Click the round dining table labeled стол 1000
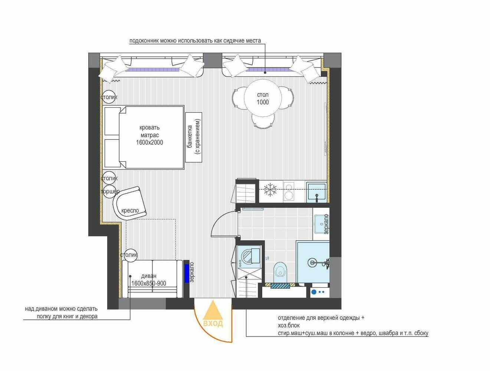263,98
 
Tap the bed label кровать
149,128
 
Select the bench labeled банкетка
194,137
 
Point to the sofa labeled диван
152,279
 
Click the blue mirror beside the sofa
187,273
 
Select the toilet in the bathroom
280,272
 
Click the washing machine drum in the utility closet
248,257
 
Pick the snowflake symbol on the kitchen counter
270,190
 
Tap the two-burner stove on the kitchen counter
289,191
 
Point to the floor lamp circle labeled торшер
109,191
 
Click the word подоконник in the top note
144,41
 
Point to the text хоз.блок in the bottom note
289,325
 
